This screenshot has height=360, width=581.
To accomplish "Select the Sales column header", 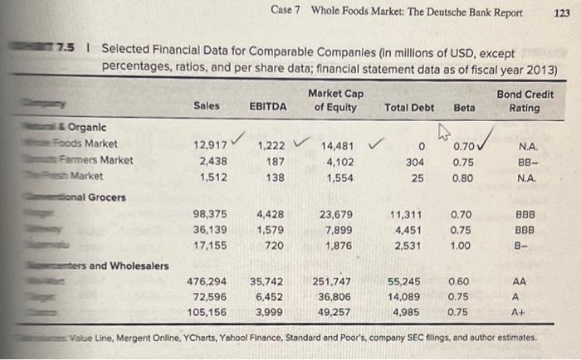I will click(x=207, y=107).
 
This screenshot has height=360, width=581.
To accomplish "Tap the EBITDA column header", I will click(x=267, y=107).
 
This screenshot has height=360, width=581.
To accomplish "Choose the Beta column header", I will click(x=465, y=107).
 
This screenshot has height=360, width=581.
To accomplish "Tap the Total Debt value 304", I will click(x=415, y=162).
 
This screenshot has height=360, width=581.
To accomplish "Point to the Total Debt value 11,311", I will click(x=407, y=215).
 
